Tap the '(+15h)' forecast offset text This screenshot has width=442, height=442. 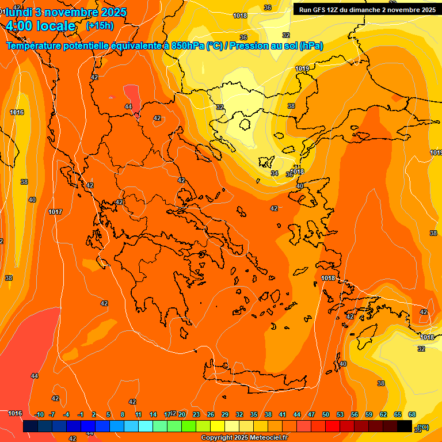100,26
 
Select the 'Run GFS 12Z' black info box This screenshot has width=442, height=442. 366,9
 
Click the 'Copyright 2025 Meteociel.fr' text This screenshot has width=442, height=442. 244,438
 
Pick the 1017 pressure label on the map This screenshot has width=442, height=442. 55,212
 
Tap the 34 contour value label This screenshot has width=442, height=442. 275,173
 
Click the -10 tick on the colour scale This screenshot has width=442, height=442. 39,414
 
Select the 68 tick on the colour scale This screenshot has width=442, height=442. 412,414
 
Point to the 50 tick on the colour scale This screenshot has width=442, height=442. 326,414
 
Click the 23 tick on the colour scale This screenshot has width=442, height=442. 196,414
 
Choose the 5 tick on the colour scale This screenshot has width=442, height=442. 108,414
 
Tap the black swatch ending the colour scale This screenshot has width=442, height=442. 405,426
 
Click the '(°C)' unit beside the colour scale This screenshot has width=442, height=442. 422,426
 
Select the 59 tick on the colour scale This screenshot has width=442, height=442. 369,414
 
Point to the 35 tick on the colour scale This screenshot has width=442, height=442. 254,414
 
